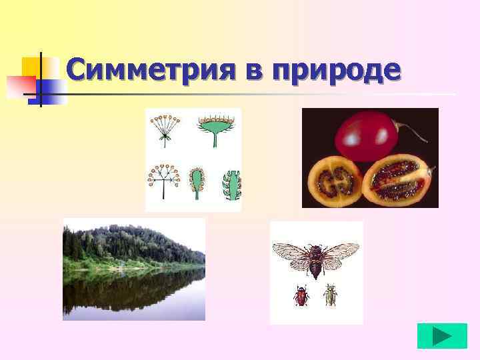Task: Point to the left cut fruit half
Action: pyautogui.click(x=335, y=180)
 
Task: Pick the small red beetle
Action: pyautogui.click(x=301, y=295)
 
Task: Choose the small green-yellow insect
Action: pyautogui.click(x=329, y=295)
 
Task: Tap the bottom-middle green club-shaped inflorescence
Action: pyautogui.click(x=197, y=183)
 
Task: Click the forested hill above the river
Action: pyautogui.click(x=133, y=243)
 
